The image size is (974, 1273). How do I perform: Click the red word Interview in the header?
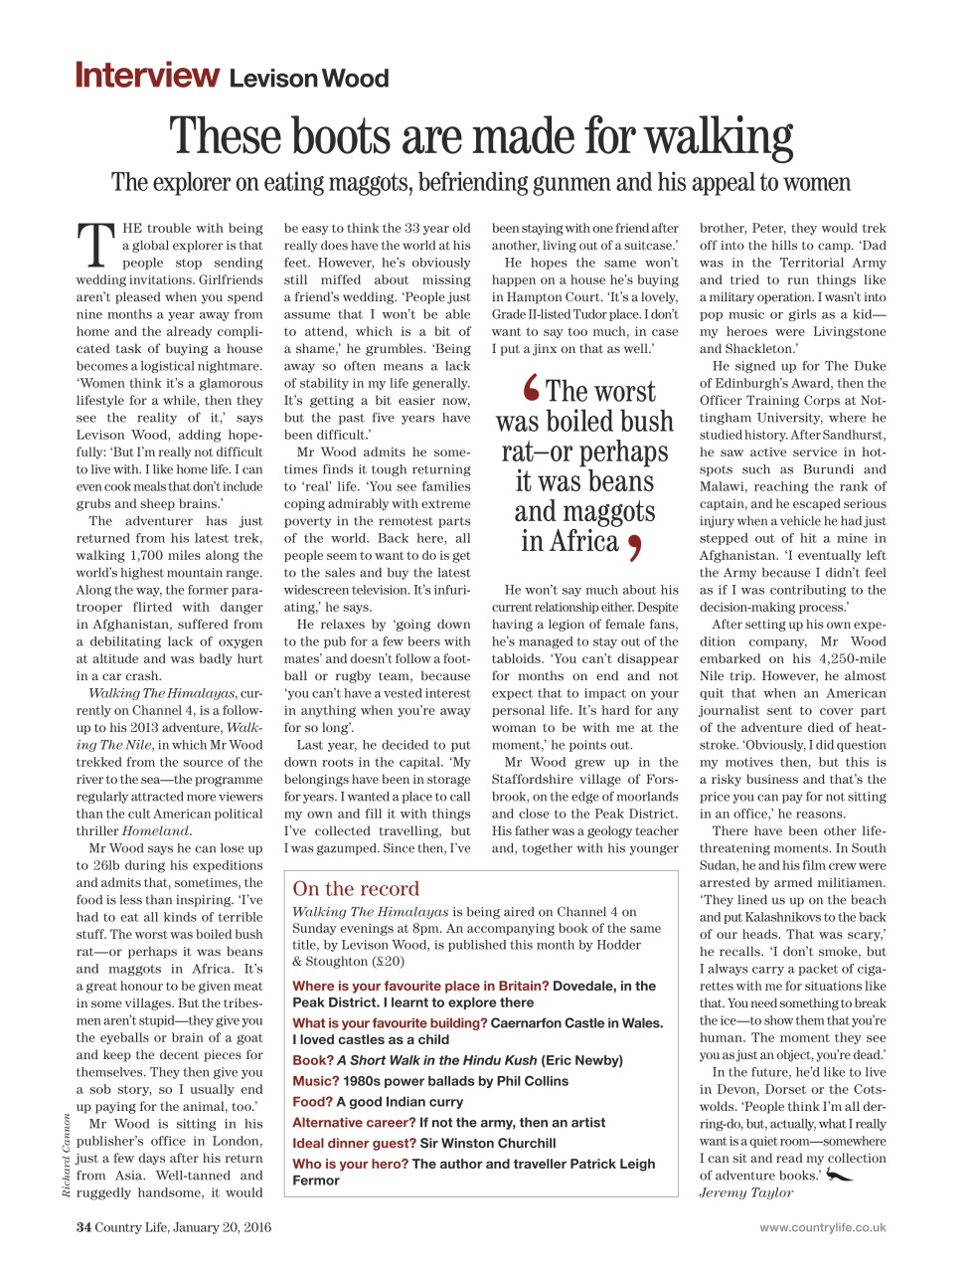click(x=147, y=76)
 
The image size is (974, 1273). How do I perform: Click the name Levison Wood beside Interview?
click(x=309, y=79)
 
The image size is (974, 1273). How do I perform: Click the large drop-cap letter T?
click(x=95, y=245)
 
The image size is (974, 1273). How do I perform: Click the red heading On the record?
click(x=356, y=889)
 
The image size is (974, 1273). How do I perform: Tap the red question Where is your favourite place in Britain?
click(x=420, y=986)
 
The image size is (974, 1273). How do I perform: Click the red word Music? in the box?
click(x=316, y=1081)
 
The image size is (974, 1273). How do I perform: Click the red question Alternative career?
click(x=354, y=1122)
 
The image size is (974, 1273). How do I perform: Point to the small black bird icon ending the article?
click(x=840, y=1176)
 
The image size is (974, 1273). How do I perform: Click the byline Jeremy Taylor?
click(x=745, y=1192)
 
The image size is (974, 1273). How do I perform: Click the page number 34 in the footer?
click(x=83, y=1227)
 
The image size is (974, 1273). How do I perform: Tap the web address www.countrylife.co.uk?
click(x=822, y=1227)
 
